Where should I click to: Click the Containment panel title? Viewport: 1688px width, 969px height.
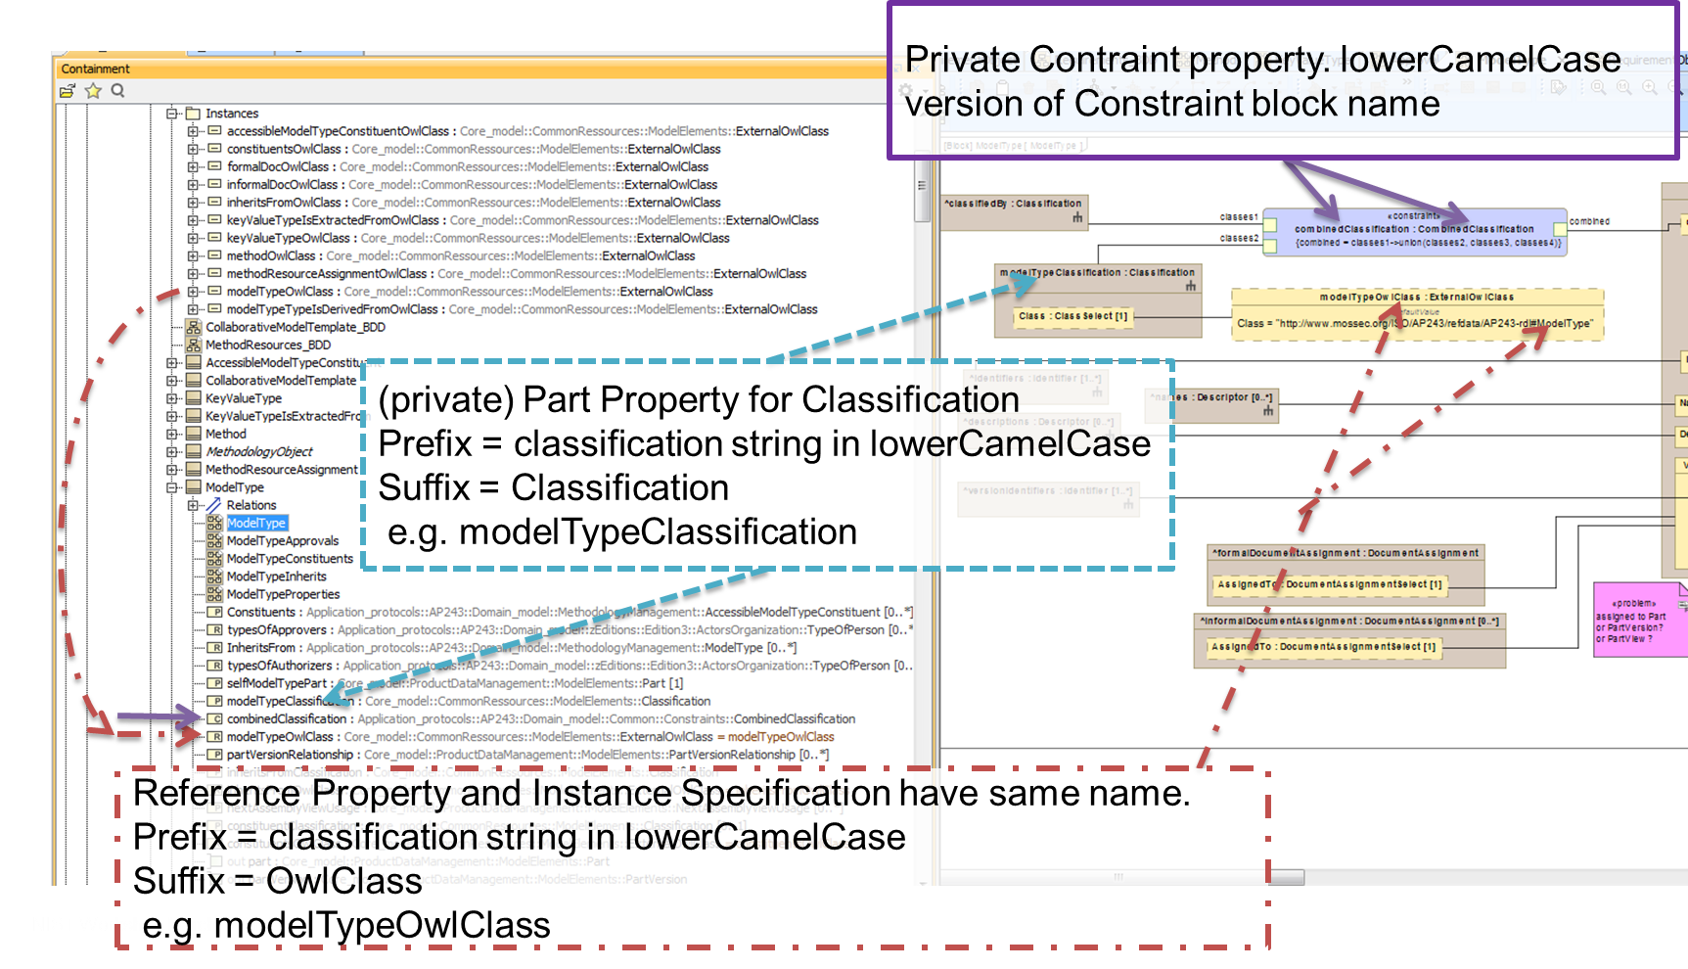(95, 69)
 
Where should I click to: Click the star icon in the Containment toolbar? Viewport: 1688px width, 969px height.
(93, 91)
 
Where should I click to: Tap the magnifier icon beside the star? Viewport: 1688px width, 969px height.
(118, 91)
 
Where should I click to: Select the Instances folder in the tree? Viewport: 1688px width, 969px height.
(231, 114)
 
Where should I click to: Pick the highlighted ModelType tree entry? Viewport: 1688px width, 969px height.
(256, 523)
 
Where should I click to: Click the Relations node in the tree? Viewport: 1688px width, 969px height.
(251, 505)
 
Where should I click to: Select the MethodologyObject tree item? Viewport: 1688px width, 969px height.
(258, 452)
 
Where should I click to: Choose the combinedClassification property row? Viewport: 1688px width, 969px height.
(287, 719)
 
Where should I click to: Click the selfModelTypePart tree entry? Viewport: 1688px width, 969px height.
(277, 683)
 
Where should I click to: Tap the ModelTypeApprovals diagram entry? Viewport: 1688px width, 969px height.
(282, 541)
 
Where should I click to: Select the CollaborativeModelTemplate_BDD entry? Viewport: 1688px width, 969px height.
(295, 327)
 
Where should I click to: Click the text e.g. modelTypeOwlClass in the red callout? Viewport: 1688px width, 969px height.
(346, 925)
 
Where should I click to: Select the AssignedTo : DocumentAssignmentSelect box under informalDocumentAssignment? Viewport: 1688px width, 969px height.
(1322, 647)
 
